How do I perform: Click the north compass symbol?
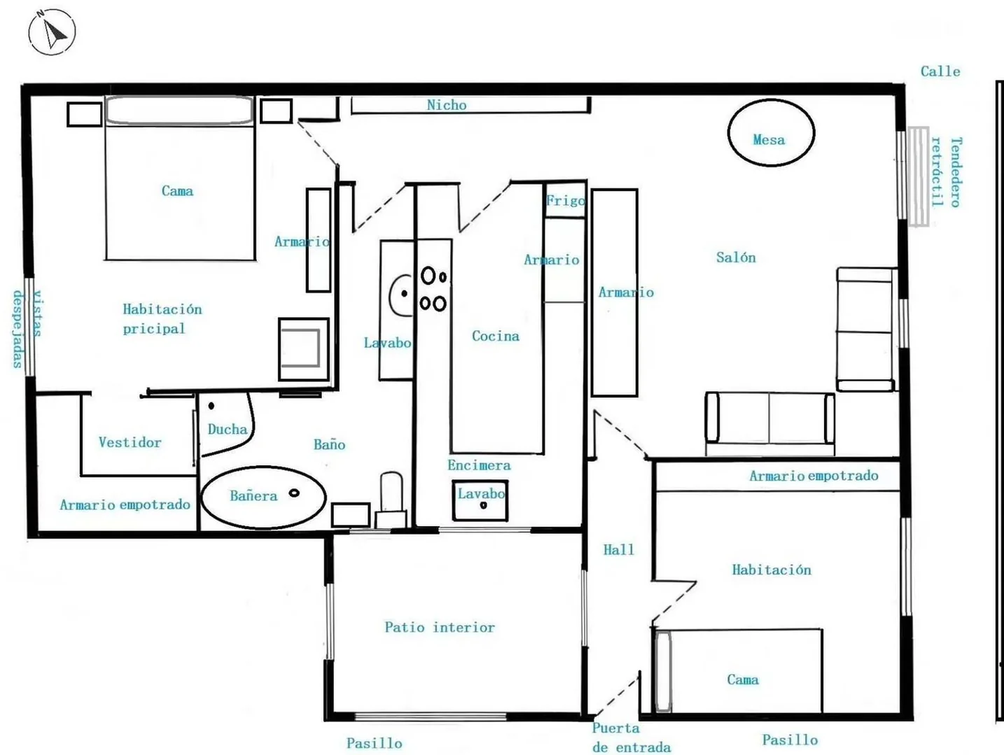52,32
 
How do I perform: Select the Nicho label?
447,105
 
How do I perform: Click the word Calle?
940,71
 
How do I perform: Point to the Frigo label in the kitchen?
565,201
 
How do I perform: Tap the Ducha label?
228,429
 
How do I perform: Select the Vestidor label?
130,442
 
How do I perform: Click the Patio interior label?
440,627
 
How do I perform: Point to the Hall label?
618,549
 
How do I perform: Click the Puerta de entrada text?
632,738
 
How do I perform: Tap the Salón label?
736,257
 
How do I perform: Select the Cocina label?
496,336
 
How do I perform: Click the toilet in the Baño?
391,500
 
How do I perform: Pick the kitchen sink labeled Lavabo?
480,500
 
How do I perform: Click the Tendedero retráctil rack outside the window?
918,176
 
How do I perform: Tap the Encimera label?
479,465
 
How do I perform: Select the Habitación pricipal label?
162,318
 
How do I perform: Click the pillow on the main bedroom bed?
179,110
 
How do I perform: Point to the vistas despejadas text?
27,329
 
